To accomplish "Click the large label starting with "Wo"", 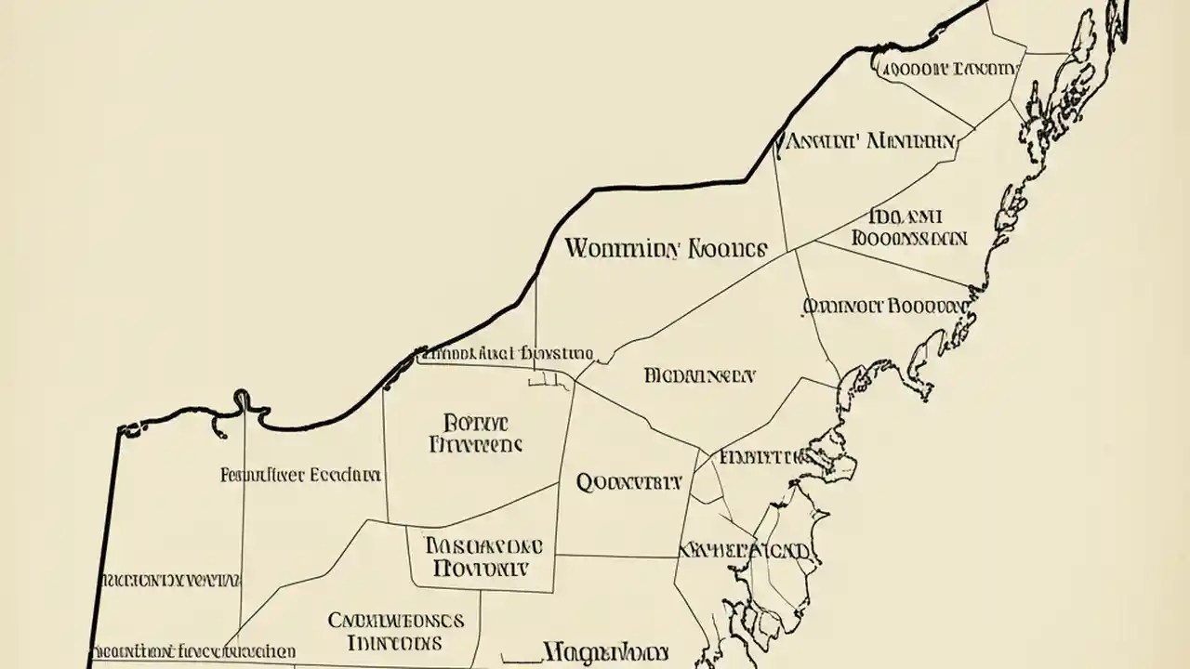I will coord(665,249).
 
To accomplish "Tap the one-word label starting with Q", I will coord(629,482).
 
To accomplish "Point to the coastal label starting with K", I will coord(744,550).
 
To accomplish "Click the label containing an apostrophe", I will coord(870,142).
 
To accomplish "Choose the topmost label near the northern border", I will coord(948,69).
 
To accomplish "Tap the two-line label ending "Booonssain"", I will coord(908,228).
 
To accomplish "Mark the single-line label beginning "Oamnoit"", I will coord(884,306).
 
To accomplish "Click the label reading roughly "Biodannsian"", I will coord(700,376).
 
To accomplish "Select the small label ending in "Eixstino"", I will coord(507,353).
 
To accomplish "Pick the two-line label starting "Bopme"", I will coord(475,432).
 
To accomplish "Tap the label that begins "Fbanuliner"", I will coord(300,475).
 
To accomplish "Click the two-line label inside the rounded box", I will coord(482,555).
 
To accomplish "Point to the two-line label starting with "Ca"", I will coord(396,631).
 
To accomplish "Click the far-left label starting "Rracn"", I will coord(171,581).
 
